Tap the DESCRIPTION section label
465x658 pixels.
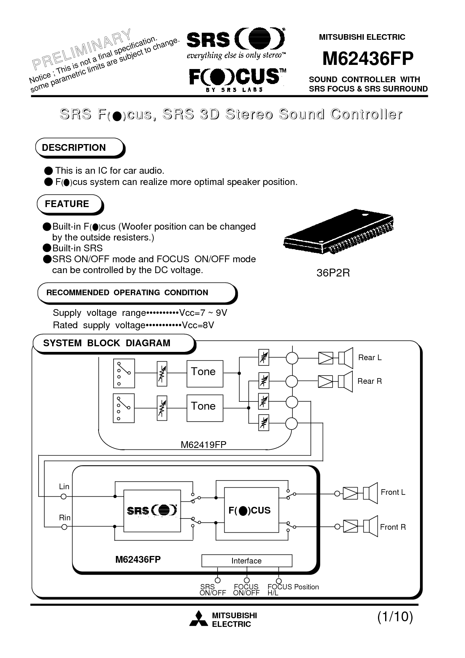(74, 148)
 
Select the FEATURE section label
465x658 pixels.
(67, 204)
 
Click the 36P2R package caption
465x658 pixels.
(333, 273)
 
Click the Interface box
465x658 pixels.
(247, 561)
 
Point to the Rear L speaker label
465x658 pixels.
(370, 358)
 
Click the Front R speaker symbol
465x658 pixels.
(369, 527)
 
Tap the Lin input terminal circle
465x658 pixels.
(64, 496)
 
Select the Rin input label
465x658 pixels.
(64, 518)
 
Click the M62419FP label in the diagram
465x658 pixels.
(204, 445)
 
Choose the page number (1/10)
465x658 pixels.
(395, 617)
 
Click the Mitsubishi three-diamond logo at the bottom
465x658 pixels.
(198, 619)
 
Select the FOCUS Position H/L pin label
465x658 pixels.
(293, 590)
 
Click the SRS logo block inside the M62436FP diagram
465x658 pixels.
(152, 511)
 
